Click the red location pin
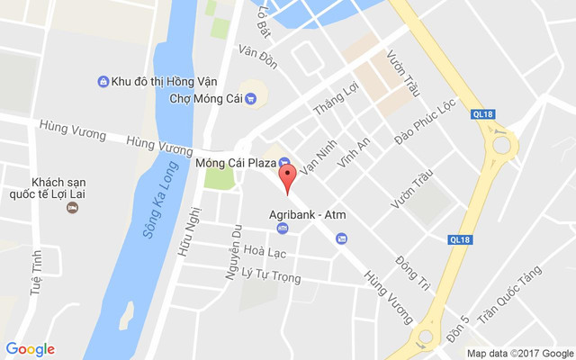(287, 175)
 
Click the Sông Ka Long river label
(159, 207)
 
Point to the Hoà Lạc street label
(265, 253)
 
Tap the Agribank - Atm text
(308, 215)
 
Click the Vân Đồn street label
(257, 56)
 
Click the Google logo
(30, 348)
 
